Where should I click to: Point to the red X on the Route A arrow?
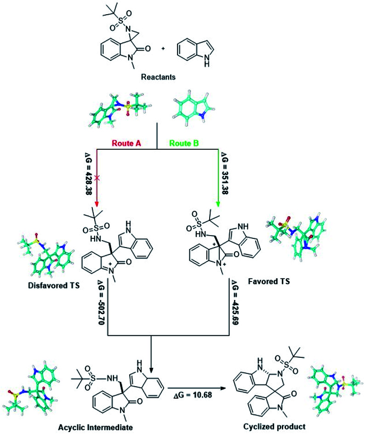tap(97, 177)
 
